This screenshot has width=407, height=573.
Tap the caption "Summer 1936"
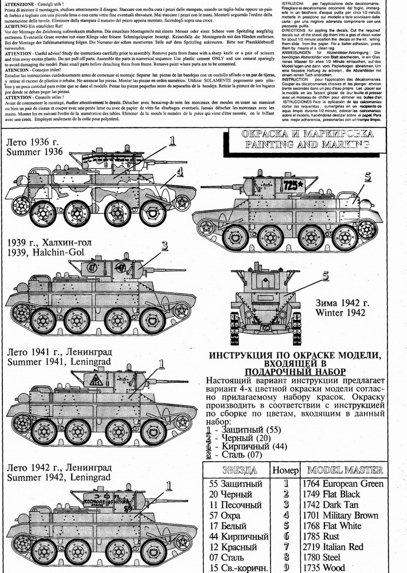tap(33, 152)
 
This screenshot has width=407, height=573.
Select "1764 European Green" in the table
tap(344, 483)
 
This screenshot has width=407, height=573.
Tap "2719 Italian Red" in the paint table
tap(335, 547)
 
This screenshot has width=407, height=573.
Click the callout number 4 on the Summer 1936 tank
tap(179, 171)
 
